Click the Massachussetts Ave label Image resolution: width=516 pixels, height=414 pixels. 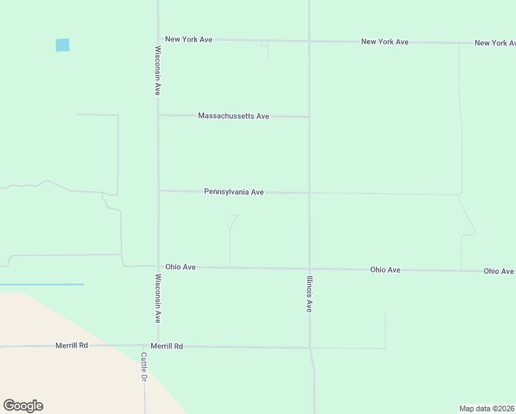pos(233,116)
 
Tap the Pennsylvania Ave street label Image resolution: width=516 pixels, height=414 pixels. pos(234,192)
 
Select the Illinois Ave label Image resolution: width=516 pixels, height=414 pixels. pos(310,295)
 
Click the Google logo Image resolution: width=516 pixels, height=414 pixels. pos(23,406)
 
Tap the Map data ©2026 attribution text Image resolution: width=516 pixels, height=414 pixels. pos(487,408)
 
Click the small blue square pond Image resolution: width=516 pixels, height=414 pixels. pos(62,45)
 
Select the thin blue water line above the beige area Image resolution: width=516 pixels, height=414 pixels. pos(41,284)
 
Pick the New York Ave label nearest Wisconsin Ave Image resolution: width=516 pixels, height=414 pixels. pos(188,39)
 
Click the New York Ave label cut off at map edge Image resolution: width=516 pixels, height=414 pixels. pos(495,43)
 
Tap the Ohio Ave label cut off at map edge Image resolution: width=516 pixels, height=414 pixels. pos(499,271)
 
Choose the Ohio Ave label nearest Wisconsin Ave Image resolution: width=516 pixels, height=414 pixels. pos(180,266)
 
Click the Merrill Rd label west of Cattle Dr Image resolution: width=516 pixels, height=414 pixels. pos(72,345)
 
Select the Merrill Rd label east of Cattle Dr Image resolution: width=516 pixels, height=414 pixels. pos(166,346)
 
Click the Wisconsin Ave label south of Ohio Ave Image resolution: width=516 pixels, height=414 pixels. pos(158,299)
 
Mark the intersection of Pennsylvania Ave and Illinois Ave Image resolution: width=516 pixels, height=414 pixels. pos(309,193)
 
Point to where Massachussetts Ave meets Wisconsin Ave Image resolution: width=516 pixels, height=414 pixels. pos(159,115)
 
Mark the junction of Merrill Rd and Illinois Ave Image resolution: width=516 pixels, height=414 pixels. pos(310,348)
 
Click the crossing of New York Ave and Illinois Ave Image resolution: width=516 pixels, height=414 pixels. pos(309,41)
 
